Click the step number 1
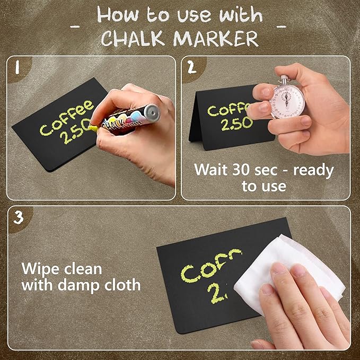coord(17,68)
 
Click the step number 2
coord(191,68)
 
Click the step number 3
coord(18,217)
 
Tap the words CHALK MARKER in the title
coord(180,38)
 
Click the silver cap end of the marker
coord(153,111)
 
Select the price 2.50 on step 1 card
coord(74,137)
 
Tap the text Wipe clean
coord(62,269)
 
